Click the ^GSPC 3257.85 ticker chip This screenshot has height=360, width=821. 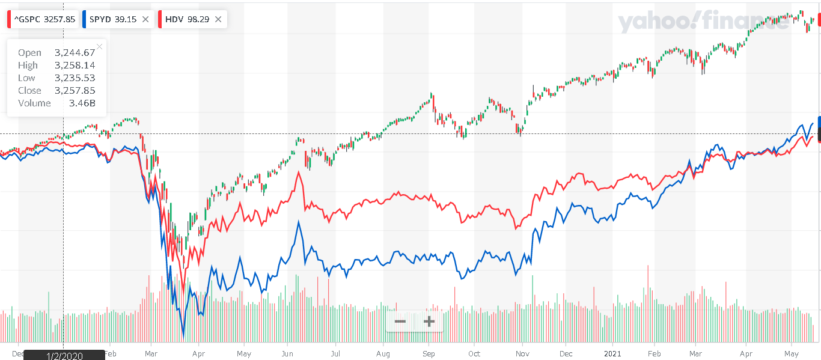[43, 19]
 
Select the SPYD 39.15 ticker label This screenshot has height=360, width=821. [113, 19]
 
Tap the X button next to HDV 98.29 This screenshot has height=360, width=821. [218, 19]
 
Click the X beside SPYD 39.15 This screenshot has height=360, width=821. [145, 19]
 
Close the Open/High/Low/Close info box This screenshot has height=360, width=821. [99, 46]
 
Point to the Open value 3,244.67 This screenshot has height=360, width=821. [75, 53]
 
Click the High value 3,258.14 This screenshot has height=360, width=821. [75, 66]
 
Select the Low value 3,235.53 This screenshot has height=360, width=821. [75, 78]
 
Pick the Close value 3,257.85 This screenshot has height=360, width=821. [75, 90]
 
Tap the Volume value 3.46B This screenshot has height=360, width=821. [82, 103]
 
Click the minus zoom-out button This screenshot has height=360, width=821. [400, 322]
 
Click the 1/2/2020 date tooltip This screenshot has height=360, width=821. [64, 355]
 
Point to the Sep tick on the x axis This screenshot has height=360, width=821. [429, 354]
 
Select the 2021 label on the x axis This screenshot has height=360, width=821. [612, 354]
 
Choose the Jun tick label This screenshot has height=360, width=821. [287, 354]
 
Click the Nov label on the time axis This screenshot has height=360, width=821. [522, 354]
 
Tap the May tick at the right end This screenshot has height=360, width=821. [792, 354]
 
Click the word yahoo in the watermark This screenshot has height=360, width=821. [657, 22]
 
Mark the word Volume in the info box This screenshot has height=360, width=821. [34, 103]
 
